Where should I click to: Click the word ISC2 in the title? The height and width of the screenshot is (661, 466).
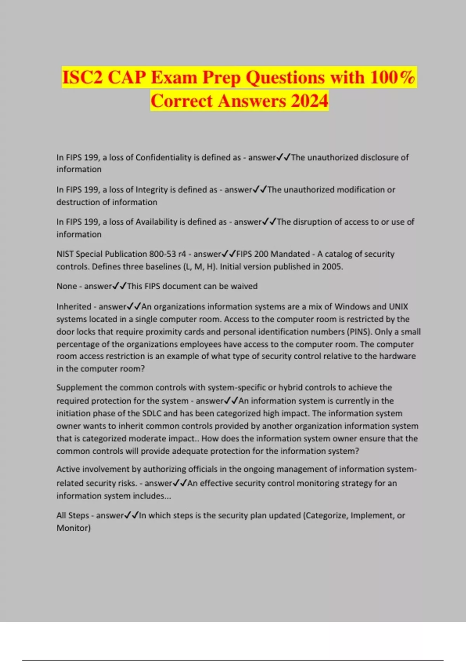pos(83,77)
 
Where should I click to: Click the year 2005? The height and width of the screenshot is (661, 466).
pos(332,267)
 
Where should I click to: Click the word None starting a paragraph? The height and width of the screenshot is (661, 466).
pos(66,286)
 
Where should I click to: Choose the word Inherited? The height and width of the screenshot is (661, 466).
pos(74,307)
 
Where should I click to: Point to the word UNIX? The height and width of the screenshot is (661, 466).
pos(398,307)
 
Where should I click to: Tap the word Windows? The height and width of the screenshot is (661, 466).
pos(352,307)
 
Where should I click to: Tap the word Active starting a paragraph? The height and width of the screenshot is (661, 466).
pos(68,469)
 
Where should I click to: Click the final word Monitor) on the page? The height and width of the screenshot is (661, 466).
pos(73,528)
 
